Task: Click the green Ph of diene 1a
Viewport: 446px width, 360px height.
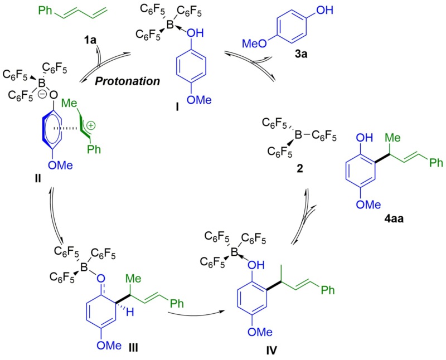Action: pos(62,9)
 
